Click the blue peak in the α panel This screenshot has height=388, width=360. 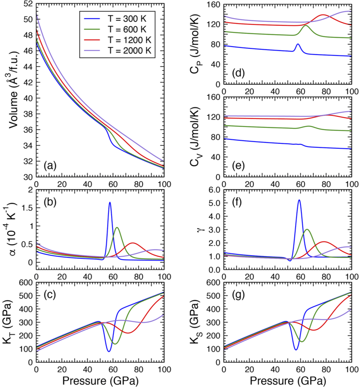point(109,202)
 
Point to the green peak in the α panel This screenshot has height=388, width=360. point(117,228)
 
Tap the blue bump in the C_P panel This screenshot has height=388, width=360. point(298,44)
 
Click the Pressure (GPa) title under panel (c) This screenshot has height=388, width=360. point(100,380)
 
